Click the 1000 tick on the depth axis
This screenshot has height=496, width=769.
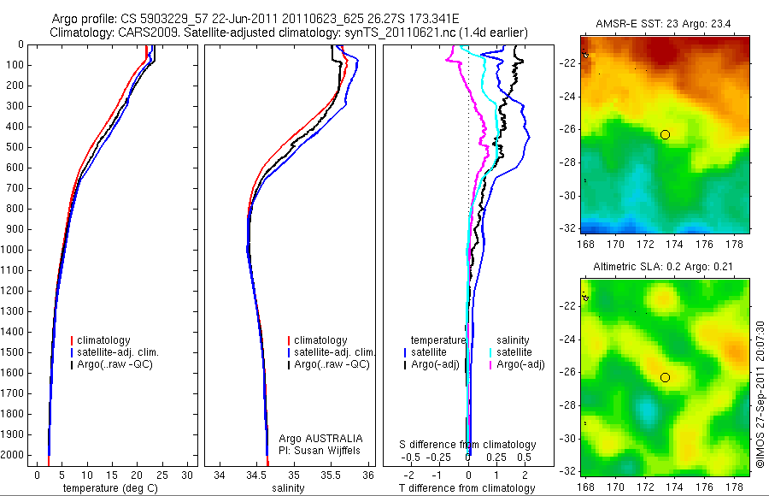(x=15, y=250)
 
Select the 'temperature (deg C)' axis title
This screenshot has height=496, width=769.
(x=102, y=487)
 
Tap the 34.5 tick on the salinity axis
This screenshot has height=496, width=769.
(x=257, y=474)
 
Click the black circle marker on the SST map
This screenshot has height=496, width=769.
(x=665, y=134)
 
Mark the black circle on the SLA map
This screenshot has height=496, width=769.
(x=665, y=377)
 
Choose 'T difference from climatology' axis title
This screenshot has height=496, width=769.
(x=467, y=487)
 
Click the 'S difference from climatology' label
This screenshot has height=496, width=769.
(x=467, y=445)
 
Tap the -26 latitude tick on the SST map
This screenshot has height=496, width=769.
(x=566, y=130)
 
